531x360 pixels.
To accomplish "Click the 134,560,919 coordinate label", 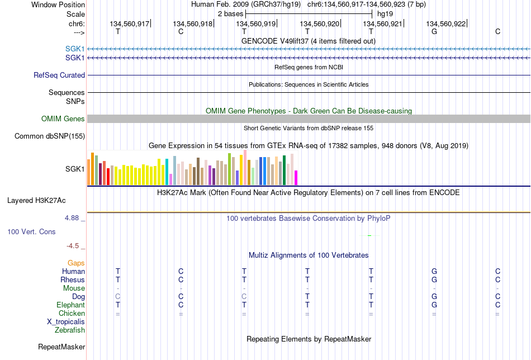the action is [255, 23].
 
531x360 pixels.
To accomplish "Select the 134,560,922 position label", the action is [445, 23].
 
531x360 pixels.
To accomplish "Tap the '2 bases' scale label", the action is [230, 14].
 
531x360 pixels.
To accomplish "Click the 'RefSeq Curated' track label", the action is [59, 75].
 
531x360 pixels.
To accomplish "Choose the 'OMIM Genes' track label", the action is [63, 119].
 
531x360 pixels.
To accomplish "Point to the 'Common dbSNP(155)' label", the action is [50, 136].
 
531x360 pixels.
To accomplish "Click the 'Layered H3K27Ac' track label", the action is [36, 201].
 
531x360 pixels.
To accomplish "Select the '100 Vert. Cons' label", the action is [31, 231].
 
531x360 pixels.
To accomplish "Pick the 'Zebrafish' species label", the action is [70, 330].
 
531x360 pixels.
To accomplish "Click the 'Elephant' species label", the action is [70, 305].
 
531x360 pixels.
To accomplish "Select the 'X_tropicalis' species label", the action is [66, 322].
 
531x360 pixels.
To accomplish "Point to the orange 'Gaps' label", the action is [76, 263].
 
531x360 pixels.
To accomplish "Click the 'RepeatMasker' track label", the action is [61, 347].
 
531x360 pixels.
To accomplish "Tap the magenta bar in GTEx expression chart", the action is [296, 178].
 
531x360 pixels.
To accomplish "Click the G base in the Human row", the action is [434, 271].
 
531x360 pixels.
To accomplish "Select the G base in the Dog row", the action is [434, 297].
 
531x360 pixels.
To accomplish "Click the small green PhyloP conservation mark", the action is [369, 235].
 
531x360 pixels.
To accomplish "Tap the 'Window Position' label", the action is [58, 4].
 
